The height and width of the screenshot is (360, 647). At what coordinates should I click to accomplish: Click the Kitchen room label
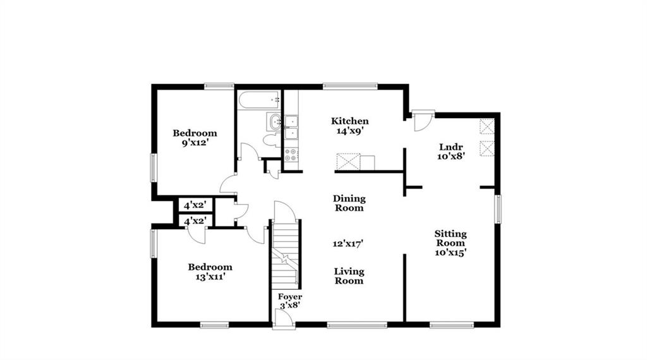[x=349, y=121]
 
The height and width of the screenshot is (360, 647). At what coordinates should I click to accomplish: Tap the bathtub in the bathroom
[x=259, y=100]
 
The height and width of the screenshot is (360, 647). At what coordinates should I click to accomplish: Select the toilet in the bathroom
[x=272, y=140]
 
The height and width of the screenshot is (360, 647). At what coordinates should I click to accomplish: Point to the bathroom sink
[x=274, y=121]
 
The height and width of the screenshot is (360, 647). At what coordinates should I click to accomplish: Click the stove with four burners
[x=291, y=155]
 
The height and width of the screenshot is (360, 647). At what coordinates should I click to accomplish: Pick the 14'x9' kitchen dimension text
[x=349, y=131]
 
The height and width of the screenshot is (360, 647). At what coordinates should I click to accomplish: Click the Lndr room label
[x=450, y=147]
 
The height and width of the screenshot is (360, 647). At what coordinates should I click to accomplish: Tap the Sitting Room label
[x=450, y=238]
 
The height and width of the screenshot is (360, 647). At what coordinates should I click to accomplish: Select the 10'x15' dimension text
[x=450, y=253]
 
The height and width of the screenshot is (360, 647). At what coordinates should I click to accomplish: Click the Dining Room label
[x=349, y=203]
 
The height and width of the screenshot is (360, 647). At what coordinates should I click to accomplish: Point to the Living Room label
[x=349, y=276]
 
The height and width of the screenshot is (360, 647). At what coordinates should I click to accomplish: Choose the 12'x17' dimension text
[x=348, y=244]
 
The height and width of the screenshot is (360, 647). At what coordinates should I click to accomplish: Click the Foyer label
[x=289, y=297]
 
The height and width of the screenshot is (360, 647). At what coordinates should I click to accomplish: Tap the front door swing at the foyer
[x=284, y=318]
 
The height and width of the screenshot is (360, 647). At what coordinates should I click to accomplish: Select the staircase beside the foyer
[x=285, y=255]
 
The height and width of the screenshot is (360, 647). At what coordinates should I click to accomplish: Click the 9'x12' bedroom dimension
[x=195, y=143]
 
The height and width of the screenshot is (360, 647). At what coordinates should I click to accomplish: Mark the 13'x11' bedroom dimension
[x=210, y=277]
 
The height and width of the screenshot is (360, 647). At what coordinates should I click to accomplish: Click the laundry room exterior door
[x=423, y=121]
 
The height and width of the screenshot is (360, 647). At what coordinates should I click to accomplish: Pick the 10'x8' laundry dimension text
[x=451, y=157]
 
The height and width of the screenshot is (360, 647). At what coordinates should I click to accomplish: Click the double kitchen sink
[x=291, y=128]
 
